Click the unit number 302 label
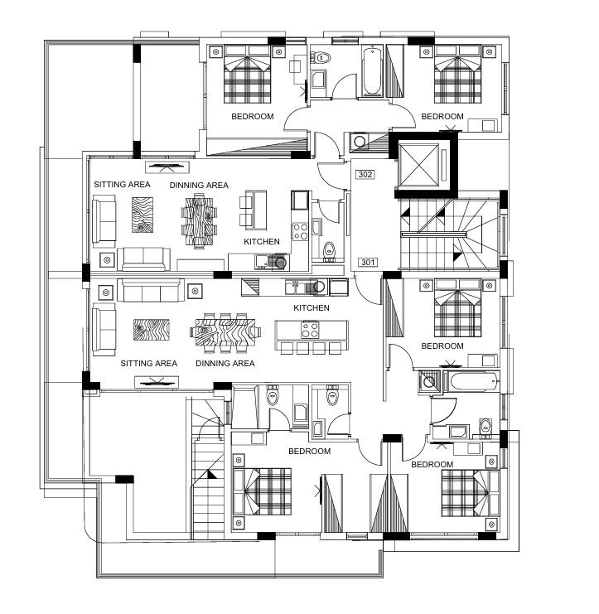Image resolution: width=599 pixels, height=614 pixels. [x=365, y=174]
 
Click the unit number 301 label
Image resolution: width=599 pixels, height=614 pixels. [x=368, y=262]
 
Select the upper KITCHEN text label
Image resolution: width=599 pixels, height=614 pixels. [x=262, y=242]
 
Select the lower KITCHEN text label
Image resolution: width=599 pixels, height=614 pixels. [x=312, y=307]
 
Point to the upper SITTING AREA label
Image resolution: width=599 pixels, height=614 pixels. [x=122, y=184]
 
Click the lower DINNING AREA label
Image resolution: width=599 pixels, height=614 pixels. [x=225, y=364]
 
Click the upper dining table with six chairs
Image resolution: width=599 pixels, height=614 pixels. [x=200, y=221]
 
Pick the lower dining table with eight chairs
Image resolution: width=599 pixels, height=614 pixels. [x=225, y=332]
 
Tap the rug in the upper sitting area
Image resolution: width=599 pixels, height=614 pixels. [x=143, y=215]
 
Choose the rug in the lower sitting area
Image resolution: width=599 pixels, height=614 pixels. [x=152, y=330]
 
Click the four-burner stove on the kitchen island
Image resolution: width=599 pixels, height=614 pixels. [x=310, y=329]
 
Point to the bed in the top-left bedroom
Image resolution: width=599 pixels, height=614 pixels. [x=247, y=75]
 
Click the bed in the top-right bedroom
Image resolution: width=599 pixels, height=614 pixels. [x=457, y=75]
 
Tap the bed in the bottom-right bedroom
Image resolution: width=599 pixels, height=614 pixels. [x=471, y=493]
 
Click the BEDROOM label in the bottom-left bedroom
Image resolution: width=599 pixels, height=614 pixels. [x=309, y=451]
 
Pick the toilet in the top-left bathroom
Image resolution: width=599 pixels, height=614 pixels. [x=321, y=58]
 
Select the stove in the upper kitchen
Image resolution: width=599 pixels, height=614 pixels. [x=301, y=231]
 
